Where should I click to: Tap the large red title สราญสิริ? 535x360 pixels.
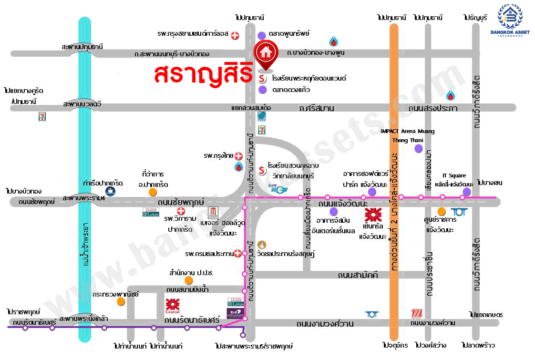point(203,74)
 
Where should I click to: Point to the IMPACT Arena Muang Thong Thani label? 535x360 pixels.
point(407,135)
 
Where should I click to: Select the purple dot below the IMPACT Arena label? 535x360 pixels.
point(418,149)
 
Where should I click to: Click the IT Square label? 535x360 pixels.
point(454,175)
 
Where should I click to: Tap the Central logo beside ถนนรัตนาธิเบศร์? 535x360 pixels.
point(172,305)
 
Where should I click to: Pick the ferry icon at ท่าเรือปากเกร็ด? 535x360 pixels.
point(110,191)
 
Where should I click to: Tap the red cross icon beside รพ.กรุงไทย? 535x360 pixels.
point(238,156)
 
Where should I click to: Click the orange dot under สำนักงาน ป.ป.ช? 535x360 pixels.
point(189,280)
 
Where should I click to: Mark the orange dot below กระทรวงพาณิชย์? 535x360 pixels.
point(121,301)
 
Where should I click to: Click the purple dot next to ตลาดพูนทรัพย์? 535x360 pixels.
point(262,35)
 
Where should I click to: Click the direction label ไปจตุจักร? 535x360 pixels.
point(394,345)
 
